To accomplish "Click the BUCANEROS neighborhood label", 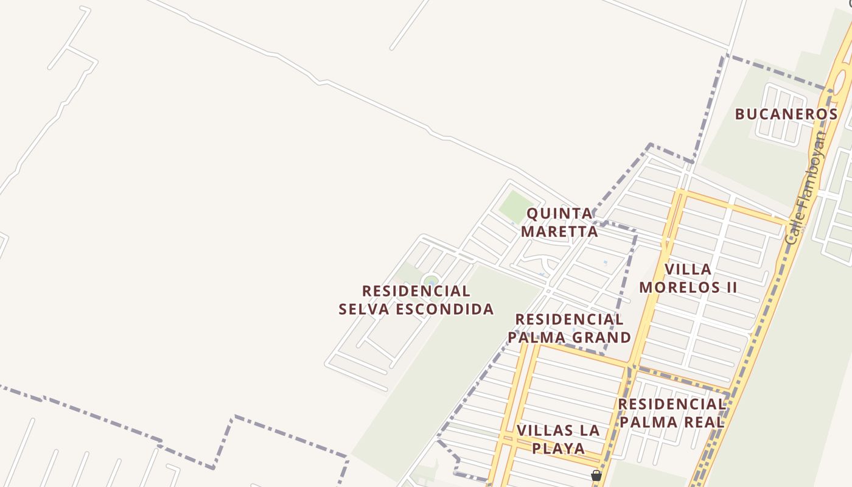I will [786, 114].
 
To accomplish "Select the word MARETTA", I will [559, 231].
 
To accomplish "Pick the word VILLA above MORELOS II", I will [688, 269].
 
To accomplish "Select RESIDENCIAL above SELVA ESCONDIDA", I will [416, 291].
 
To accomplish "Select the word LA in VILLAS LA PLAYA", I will [590, 430].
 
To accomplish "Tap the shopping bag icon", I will [596, 475].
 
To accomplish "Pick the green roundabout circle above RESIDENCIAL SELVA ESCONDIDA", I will [431, 281].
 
